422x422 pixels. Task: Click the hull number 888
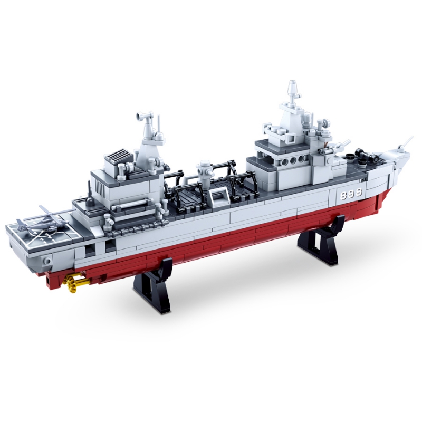coord(351,193)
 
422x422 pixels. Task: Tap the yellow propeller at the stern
coord(69,282)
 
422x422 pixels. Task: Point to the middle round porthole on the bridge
coord(293,160)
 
